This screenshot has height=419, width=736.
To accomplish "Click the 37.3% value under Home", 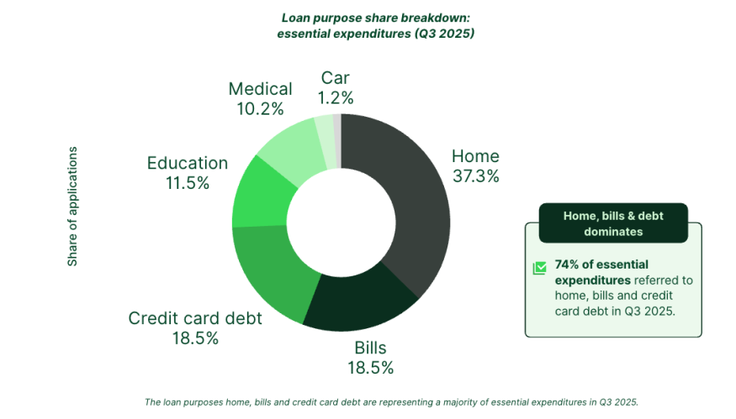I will click(x=475, y=176).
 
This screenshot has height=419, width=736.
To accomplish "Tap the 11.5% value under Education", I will click(x=188, y=183).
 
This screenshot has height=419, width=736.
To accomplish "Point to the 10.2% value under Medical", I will click(x=261, y=108).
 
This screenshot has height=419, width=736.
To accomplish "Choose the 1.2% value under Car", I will click(x=335, y=98).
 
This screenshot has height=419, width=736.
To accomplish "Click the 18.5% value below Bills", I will click(x=370, y=367).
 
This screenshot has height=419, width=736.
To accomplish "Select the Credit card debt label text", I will click(x=195, y=318).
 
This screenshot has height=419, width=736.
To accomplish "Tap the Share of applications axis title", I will click(x=72, y=207).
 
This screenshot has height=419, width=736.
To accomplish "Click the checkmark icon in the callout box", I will click(x=539, y=269).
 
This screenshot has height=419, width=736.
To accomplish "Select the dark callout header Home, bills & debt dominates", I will click(x=613, y=223).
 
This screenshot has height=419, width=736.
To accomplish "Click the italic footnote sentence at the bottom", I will click(x=392, y=401).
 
